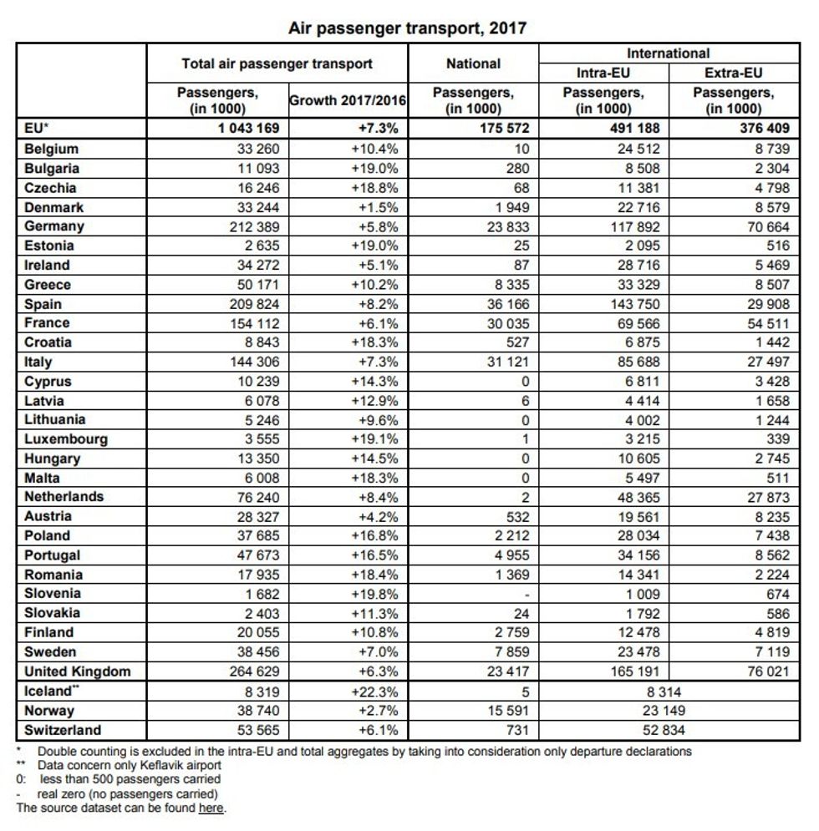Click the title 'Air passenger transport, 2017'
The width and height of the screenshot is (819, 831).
point(408,28)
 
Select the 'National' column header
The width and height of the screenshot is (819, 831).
point(473,63)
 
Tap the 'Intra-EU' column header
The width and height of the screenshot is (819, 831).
point(603,73)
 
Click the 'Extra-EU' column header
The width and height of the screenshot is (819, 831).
point(733,73)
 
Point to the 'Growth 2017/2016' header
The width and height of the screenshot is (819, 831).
point(348,101)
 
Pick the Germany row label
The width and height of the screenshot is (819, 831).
point(54,226)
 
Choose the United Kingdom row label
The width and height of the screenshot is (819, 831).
point(78,671)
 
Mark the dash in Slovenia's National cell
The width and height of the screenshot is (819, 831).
point(524,594)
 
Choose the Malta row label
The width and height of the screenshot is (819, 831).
point(43,479)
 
